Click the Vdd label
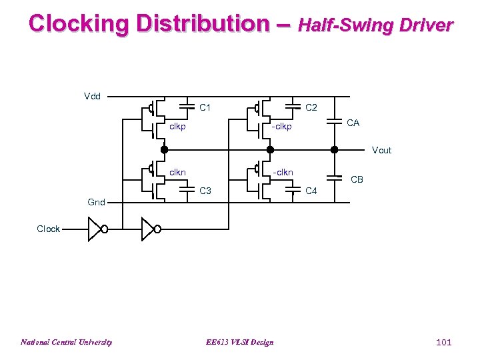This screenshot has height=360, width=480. coord(92,97)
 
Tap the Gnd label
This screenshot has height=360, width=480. coord(96,202)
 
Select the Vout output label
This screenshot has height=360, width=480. coord(381,151)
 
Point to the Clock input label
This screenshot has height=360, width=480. coord(48,229)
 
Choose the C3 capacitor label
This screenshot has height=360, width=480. coord(205,191)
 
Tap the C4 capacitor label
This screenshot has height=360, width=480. coord(311,191)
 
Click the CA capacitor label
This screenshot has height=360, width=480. coord(353,123)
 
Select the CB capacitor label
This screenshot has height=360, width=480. coord(357,179)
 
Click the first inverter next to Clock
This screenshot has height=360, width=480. coord(97,230)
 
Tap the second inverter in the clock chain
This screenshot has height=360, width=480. coord(151,230)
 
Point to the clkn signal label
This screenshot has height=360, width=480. coord(177,173)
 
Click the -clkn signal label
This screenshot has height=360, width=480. coord(281,173)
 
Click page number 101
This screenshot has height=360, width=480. coord(443,343)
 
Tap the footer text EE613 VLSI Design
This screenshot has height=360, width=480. coord(240,343)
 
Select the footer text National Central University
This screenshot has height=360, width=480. coord(66,343)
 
